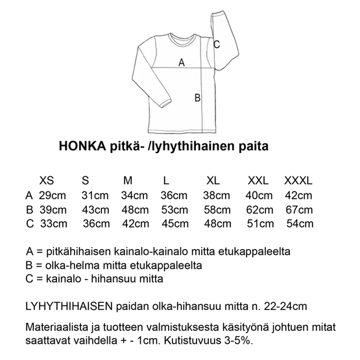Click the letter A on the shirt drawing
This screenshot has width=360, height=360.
181,63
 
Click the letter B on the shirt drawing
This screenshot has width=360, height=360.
198,99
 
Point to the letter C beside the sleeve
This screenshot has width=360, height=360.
217,44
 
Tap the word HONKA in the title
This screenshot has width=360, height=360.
80,147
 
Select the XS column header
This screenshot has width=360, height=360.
47,180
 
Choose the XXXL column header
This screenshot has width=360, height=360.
298,180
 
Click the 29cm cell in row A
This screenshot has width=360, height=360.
53,195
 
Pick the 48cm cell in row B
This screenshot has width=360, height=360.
136,210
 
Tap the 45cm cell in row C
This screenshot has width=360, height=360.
174,224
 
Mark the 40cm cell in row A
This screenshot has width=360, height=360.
259,195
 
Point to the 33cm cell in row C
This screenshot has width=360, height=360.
53,224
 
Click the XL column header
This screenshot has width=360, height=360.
213,180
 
